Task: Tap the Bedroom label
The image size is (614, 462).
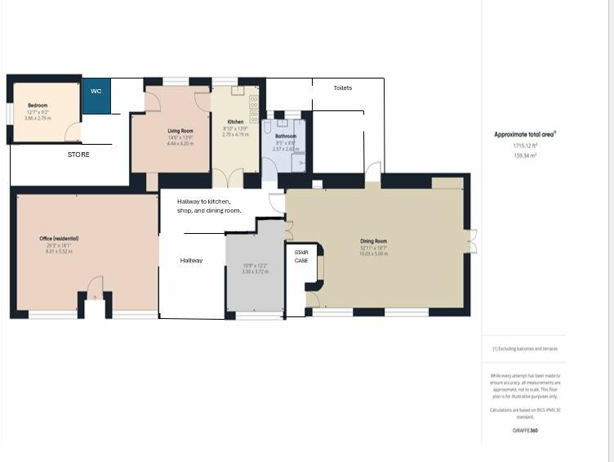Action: click(x=38, y=105)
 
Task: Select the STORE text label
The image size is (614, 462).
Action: click(x=78, y=154)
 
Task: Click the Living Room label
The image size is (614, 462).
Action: click(x=180, y=131)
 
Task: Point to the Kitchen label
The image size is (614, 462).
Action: click(x=235, y=122)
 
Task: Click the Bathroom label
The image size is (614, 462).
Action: click(x=286, y=137)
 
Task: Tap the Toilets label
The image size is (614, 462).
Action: click(x=343, y=87)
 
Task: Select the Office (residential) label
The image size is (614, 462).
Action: click(x=59, y=239)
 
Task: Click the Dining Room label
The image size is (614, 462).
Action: click(x=373, y=241)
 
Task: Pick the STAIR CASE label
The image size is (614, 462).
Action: click(x=301, y=256)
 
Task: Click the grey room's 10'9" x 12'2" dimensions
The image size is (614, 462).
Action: click(x=255, y=267)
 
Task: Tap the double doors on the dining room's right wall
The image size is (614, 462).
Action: click(x=471, y=243)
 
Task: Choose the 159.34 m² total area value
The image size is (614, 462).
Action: click(x=525, y=155)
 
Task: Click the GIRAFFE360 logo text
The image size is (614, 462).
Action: click(x=525, y=430)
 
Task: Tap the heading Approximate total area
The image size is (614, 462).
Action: click(x=525, y=134)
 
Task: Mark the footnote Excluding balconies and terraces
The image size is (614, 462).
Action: click(x=525, y=348)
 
